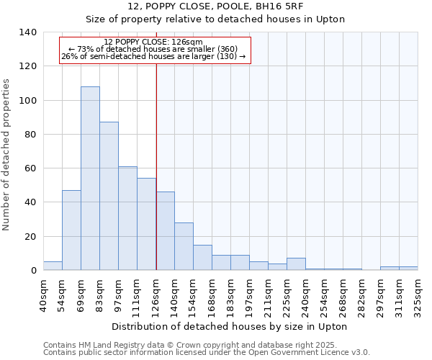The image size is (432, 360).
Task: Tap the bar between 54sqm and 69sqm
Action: [71, 230]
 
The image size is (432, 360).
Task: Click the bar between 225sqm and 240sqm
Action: [296, 264]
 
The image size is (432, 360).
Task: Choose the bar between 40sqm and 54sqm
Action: [53, 266]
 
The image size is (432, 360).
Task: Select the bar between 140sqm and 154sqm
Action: [184, 246]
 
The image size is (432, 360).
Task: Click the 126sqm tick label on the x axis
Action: [156, 294]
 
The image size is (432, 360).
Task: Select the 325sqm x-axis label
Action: [418, 294]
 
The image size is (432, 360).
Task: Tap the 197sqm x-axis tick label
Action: [250, 294]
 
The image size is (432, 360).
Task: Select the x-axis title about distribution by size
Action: [230, 326]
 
